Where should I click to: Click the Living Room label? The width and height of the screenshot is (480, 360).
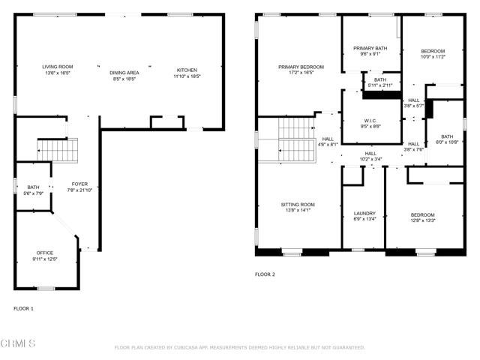[57, 67]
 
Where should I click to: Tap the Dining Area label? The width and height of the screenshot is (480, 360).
[124, 73]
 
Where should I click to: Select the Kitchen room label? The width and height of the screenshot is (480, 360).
[187, 70]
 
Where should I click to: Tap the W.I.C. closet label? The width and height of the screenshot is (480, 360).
[370, 120]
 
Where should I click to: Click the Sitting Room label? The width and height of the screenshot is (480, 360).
[298, 204]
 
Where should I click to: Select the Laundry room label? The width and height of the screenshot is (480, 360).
[364, 214]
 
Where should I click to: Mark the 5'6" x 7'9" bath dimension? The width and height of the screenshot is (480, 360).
[33, 193]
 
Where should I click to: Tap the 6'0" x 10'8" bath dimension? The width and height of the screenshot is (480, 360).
[447, 142]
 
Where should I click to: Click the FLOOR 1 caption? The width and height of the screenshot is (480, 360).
[23, 308]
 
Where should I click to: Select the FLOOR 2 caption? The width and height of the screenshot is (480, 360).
[265, 274]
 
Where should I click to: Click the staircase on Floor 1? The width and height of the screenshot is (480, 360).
[58, 151]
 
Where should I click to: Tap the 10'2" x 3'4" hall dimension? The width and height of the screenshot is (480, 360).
[370, 159]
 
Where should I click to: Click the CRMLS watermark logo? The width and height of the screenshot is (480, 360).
[18, 344]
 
